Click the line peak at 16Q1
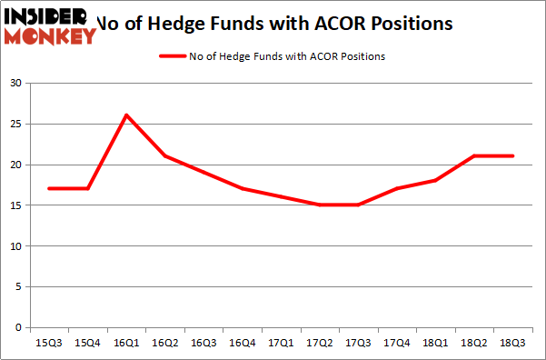pos(126,115)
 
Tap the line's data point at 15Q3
pos(49,188)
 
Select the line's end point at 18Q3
pos(513,155)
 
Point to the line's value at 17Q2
pos(320,205)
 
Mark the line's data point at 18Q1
pos(436,180)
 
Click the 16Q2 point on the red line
pos(165,155)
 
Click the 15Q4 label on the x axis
pos(88,343)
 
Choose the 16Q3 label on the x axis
pos(204,343)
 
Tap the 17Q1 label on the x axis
pos(282,343)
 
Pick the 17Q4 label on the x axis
pos(397,343)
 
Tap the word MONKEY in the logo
pos(51,36)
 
